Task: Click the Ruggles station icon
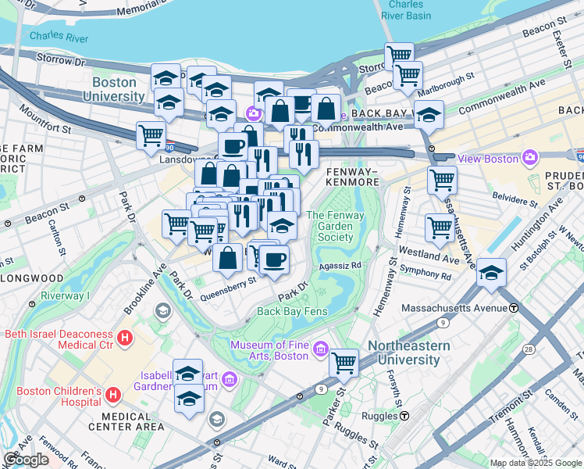click(405, 417)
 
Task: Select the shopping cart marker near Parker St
click(344, 363)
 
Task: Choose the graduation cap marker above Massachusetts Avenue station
click(491, 272)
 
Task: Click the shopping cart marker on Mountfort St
click(151, 134)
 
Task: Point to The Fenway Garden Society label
click(329, 226)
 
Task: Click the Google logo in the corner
click(26, 460)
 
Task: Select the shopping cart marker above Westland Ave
click(440, 228)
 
